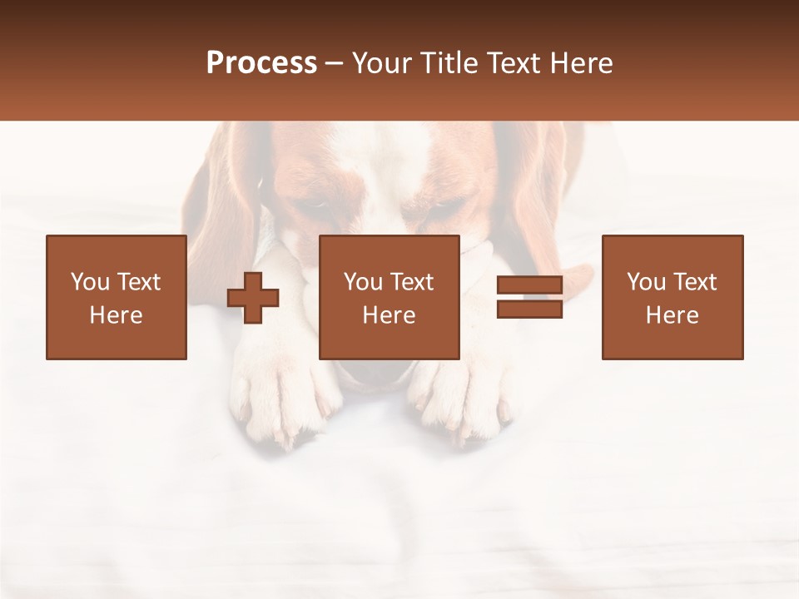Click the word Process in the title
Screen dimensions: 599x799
261,63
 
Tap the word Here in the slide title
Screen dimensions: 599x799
579,63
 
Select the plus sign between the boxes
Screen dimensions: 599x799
253,298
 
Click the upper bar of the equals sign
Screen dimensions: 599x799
529,286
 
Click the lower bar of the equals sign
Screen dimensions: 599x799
529,309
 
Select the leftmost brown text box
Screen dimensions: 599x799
117,297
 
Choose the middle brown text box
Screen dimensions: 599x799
389,297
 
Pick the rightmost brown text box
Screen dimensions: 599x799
672,297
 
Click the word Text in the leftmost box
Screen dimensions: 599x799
137,282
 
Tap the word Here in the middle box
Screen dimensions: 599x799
389,315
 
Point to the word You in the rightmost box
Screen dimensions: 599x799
646,282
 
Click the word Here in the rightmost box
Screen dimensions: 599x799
672,315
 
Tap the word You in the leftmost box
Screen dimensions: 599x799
90,282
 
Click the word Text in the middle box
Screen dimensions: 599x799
411,282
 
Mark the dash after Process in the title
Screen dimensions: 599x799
334,63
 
